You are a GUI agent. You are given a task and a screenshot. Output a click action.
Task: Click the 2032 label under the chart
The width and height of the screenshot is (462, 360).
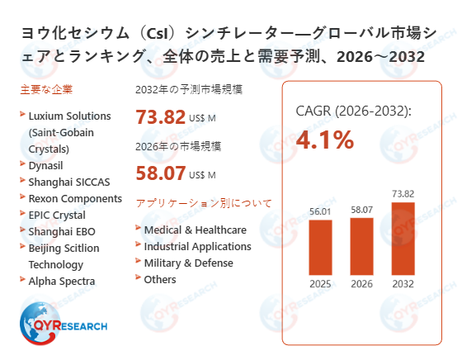403,286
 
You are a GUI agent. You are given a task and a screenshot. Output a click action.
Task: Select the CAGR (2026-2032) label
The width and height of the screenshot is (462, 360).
353,112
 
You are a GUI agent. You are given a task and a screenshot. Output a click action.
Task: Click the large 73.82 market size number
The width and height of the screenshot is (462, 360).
161,116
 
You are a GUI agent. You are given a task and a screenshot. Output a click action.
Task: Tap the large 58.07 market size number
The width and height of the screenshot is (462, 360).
161,173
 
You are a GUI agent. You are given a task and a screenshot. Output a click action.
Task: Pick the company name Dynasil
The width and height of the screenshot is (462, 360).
47,165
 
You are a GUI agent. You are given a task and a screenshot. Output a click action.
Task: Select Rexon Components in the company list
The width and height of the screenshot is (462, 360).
75,198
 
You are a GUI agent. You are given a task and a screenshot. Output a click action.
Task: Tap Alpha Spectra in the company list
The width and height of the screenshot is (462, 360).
62,281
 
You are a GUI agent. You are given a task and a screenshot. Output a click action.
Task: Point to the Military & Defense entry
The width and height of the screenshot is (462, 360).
188,263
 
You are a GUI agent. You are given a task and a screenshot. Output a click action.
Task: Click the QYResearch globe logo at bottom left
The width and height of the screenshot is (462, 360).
41,322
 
